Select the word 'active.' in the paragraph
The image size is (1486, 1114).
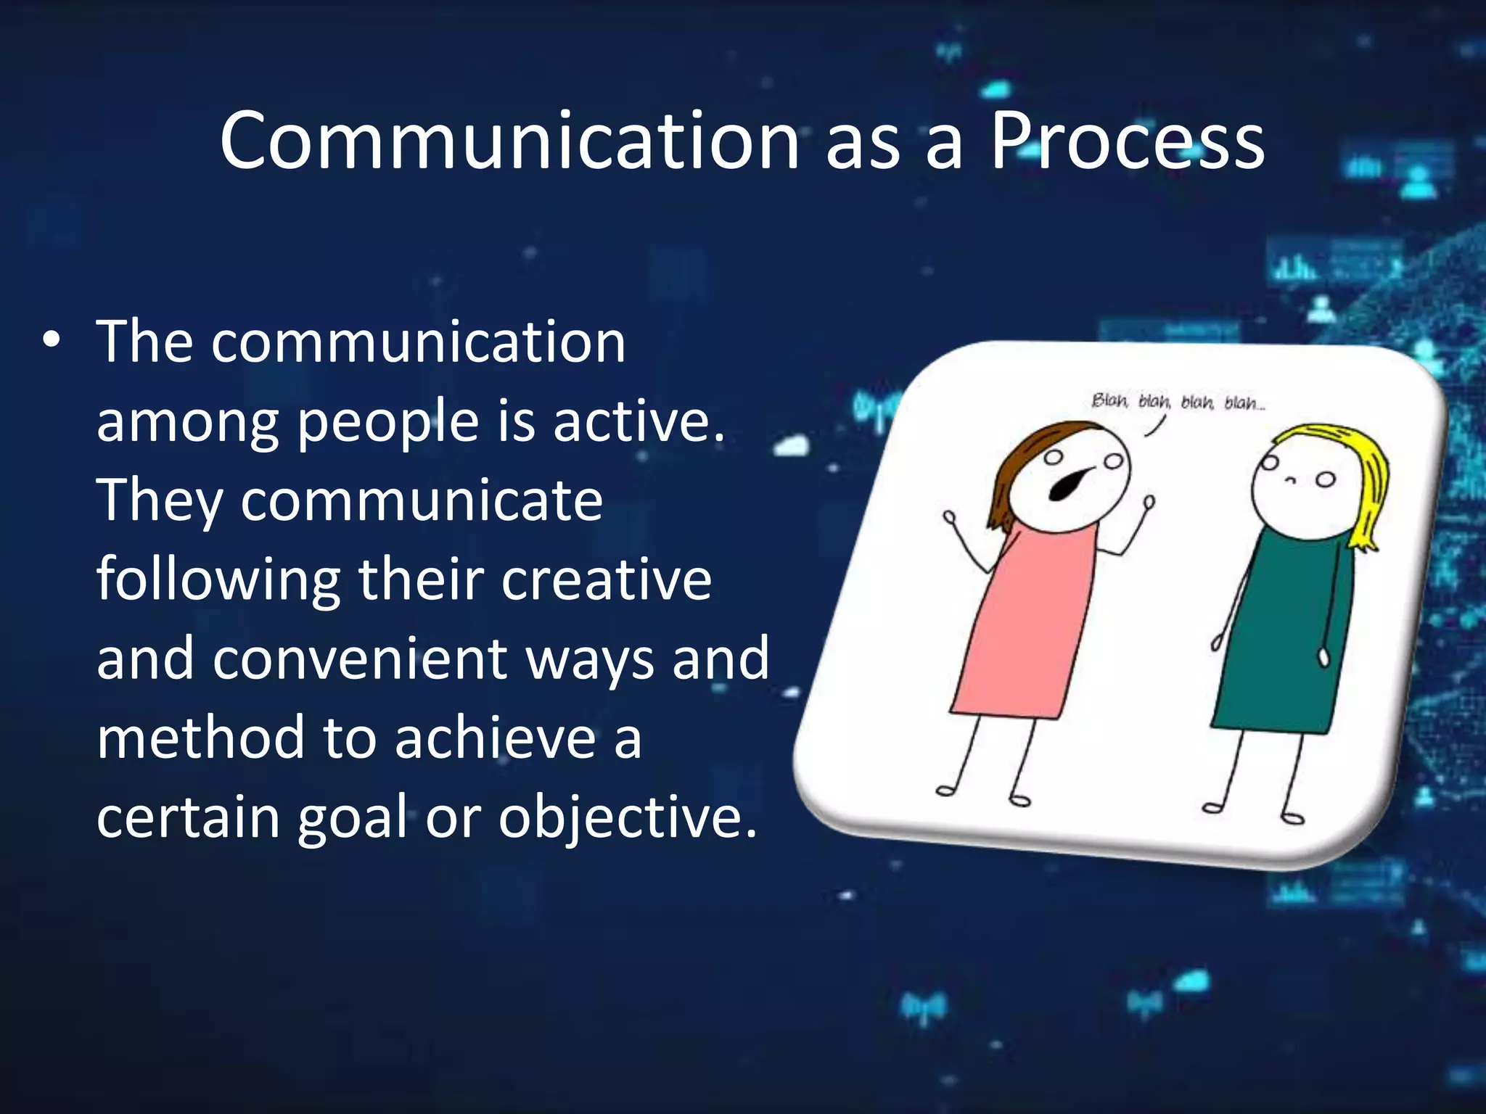tap(639, 421)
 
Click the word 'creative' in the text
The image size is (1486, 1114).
tap(607, 579)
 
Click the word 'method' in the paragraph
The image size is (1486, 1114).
tap(199, 738)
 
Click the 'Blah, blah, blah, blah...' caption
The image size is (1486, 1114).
tap(1178, 401)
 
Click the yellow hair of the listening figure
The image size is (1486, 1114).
tap(1364, 479)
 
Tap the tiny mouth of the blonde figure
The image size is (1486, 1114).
tap(1290, 481)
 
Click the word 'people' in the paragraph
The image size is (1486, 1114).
tap(389, 423)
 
